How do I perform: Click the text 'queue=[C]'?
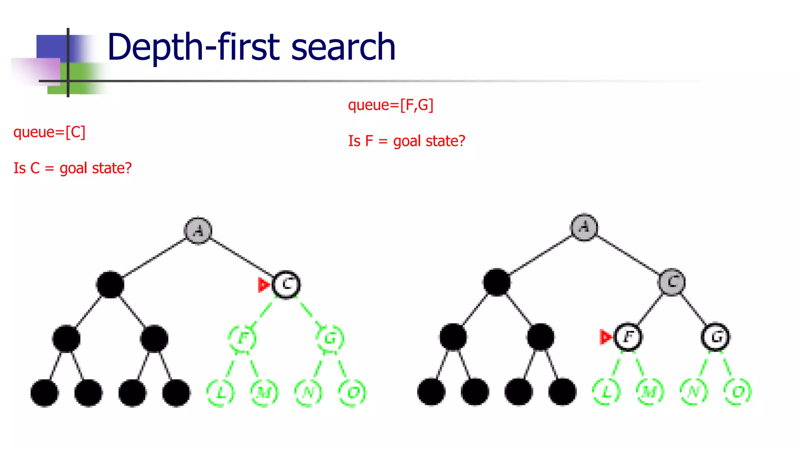tap(49, 132)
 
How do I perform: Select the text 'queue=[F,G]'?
tap(390, 105)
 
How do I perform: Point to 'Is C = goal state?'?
tap(73, 168)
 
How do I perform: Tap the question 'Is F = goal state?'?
tap(407, 141)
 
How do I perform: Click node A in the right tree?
tap(584, 227)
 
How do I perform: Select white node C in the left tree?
tap(286, 285)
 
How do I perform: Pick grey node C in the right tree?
tap(672, 282)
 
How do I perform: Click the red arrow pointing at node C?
tap(264, 285)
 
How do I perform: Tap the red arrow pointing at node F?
tap(605, 337)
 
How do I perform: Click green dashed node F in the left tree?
tap(242, 338)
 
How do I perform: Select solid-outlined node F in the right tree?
tap(628, 337)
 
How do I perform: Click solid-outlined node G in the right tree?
tap(716, 337)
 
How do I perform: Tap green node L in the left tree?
tap(221, 392)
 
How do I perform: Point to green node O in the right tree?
tap(738, 391)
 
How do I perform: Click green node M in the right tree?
tap(650, 391)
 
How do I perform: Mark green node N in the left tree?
tap(308, 392)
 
